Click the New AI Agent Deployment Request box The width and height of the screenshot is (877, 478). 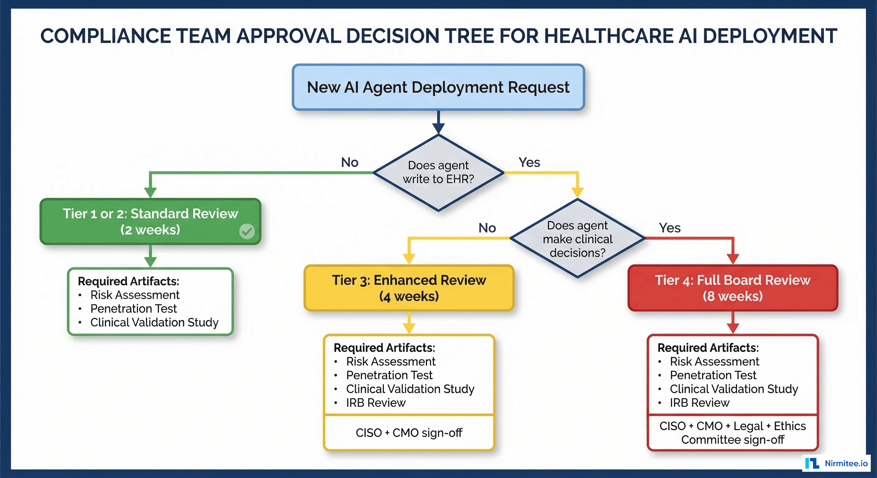pos(438,87)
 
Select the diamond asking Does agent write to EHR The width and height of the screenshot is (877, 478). pos(438,172)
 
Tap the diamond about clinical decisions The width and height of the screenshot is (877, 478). pos(577,238)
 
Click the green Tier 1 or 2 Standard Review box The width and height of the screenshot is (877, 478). pos(150,222)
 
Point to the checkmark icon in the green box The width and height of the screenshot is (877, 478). pos(247,231)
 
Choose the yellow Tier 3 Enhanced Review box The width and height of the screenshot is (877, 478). pos(409,288)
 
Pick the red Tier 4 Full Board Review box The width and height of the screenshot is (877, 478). pos(732,288)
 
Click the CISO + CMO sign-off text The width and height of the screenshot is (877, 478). pos(409,433)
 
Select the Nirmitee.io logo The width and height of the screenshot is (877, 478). pos(837,463)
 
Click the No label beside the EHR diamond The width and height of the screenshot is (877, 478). pos(350,162)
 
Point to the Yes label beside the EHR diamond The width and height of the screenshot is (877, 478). pos(529,162)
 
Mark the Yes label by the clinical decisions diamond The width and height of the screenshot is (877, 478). pos(670,227)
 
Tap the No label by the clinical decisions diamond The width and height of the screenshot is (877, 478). pos(487,227)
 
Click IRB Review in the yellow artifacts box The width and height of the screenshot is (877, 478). pos(376,402)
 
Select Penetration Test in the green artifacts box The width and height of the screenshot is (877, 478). pos(134,309)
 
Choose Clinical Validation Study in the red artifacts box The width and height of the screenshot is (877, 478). pos(734,389)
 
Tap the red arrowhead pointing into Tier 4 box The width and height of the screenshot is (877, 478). pos(732,259)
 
